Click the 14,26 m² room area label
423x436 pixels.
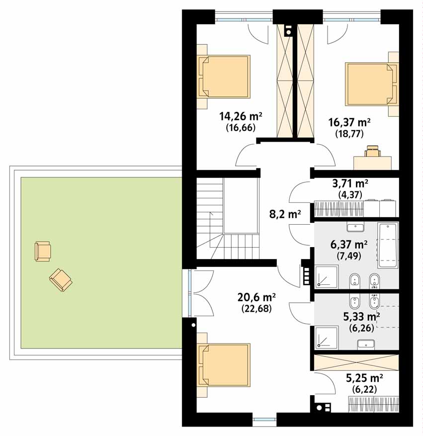(241, 116)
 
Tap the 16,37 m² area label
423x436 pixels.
(349, 122)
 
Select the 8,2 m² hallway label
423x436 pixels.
(285, 214)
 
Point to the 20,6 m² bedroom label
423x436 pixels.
(256, 297)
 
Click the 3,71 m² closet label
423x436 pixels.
(350, 183)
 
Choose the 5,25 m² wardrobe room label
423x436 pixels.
(364, 378)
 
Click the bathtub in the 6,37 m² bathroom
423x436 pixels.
(387, 245)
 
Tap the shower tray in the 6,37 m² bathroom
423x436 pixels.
(326, 277)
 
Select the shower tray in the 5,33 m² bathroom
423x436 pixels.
(326, 338)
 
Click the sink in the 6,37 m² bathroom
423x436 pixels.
(355, 227)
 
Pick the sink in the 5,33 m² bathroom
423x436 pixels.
(366, 344)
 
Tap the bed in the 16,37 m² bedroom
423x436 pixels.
(372, 84)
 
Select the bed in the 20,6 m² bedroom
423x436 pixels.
(225, 364)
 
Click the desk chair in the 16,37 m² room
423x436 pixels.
(372, 151)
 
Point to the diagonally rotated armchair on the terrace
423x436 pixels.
(61, 280)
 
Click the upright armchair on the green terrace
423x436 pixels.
(43, 251)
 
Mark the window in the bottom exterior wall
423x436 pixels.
(265, 420)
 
